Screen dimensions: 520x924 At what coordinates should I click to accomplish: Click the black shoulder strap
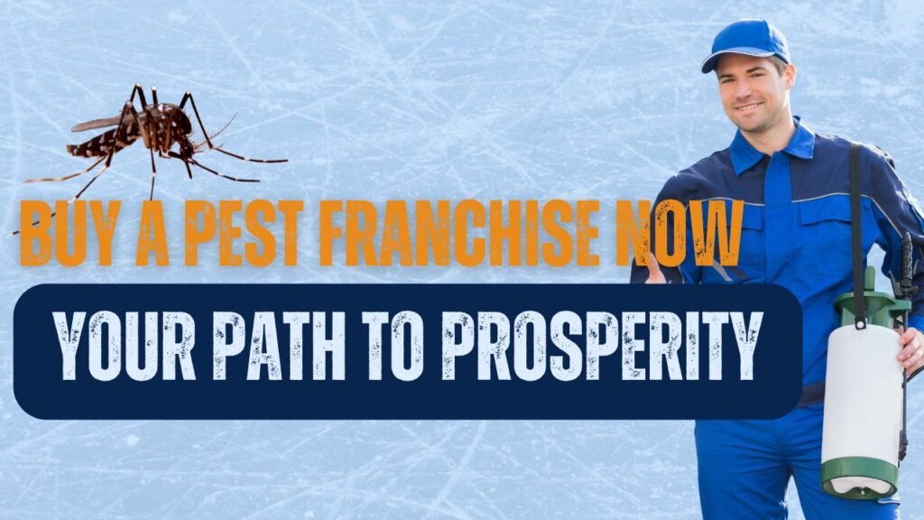click(x=855, y=226)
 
